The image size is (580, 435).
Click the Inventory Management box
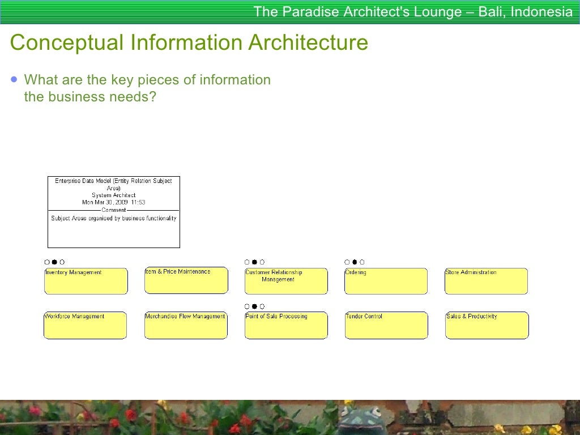click(86, 281)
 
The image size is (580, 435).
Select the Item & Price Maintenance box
click(186, 280)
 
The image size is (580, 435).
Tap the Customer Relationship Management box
click(286, 281)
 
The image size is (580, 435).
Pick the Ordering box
click(386, 281)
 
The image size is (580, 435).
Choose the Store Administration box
click(486, 281)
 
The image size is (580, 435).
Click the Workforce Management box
click(86, 325)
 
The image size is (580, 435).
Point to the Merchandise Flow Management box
click(186, 325)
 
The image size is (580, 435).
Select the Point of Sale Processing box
click(286, 325)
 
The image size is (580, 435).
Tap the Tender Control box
click(386, 325)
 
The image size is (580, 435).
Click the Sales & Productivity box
click(487, 325)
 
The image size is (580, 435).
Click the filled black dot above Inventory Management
click(54, 262)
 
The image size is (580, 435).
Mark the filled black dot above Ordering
click(355, 262)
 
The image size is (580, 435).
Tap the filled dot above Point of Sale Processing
click(254, 306)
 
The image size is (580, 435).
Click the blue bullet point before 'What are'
click(14, 80)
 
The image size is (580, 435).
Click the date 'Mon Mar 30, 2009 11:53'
click(114, 202)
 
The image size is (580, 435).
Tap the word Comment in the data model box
click(114, 210)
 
